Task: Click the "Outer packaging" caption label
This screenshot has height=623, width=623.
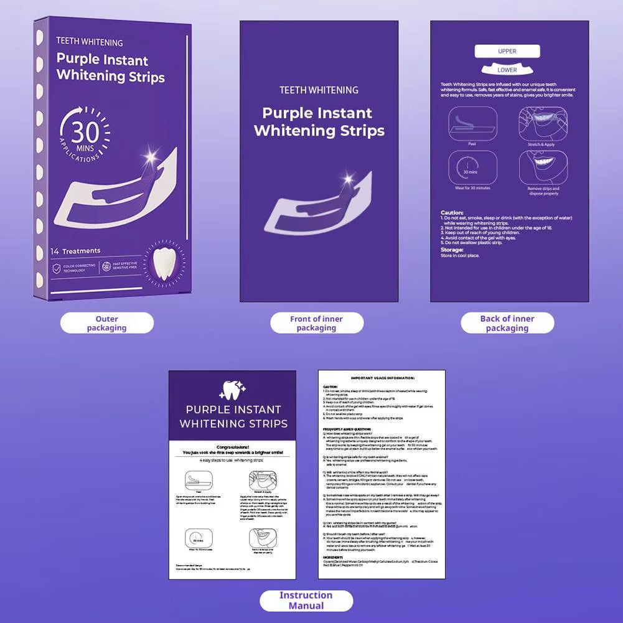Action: tap(106, 323)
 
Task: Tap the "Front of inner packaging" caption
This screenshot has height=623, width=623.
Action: tap(316, 323)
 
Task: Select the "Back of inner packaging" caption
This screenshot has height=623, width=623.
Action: tap(507, 323)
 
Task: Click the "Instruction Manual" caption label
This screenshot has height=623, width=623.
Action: tap(306, 600)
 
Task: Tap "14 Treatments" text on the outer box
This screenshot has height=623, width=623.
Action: tap(77, 251)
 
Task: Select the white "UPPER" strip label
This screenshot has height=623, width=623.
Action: tap(507, 51)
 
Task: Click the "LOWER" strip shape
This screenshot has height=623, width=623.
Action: tap(507, 68)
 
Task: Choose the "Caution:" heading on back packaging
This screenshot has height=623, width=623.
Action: tap(452, 212)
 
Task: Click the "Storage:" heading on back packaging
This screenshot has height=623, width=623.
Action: tap(452, 249)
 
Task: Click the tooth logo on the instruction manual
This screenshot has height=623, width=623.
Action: tap(233, 389)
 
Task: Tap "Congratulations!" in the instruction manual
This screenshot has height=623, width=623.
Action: tap(233, 446)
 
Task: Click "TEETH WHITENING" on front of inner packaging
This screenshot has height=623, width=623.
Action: tap(319, 90)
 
